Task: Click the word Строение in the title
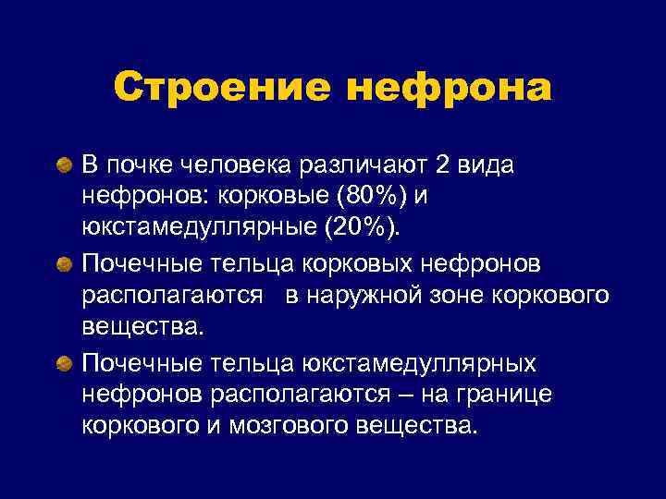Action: (x=223, y=89)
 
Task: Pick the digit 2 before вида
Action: (x=415, y=165)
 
